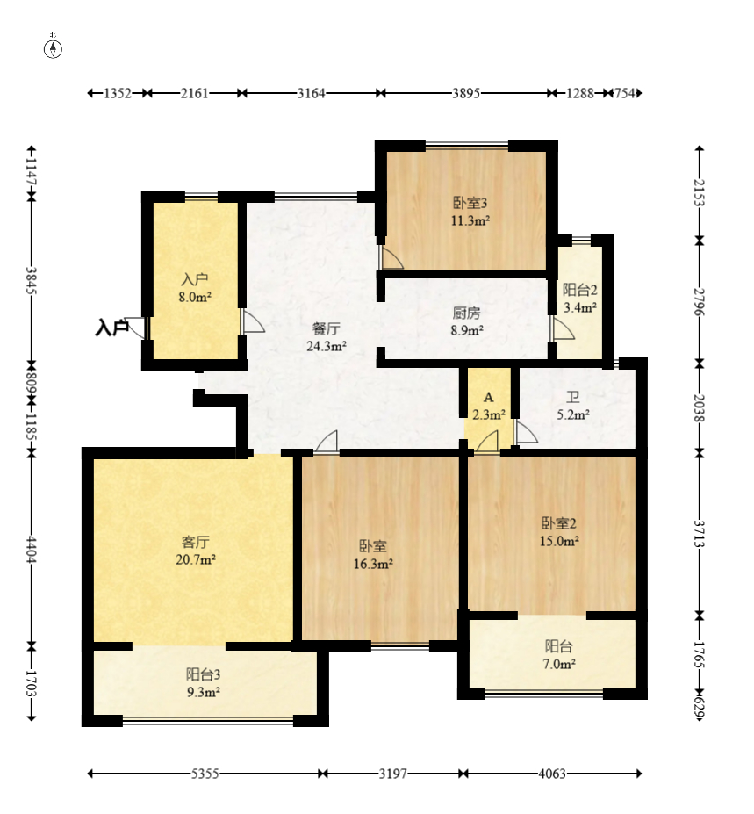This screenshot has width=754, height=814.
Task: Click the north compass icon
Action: click(53, 47)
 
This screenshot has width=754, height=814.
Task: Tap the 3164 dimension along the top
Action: click(311, 93)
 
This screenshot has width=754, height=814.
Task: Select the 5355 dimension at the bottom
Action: click(205, 774)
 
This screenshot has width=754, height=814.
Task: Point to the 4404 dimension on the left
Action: click(32, 550)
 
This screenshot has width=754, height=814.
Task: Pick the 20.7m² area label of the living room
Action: click(196, 559)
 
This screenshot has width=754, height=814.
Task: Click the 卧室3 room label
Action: click(470, 203)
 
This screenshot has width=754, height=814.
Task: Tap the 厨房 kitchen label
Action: click(466, 313)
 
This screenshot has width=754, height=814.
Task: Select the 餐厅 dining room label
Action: click(327, 328)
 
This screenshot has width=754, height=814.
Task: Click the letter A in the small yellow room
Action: click(488, 398)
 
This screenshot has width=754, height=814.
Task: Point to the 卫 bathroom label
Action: click(573, 398)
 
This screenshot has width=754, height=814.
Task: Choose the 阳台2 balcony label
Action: click(579, 290)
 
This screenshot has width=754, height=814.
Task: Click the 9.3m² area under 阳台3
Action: click(204, 691)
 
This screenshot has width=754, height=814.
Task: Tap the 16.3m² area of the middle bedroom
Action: click(373, 563)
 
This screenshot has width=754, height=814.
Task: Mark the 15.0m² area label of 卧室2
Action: click(559, 541)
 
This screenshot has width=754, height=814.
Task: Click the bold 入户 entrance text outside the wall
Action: click(112, 328)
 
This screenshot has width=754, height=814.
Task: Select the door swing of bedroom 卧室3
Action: click(391, 257)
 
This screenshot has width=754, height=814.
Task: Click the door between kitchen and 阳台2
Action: click(563, 328)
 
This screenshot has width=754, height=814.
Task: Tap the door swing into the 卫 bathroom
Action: click(525, 432)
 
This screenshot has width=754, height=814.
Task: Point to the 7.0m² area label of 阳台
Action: click(559, 664)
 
